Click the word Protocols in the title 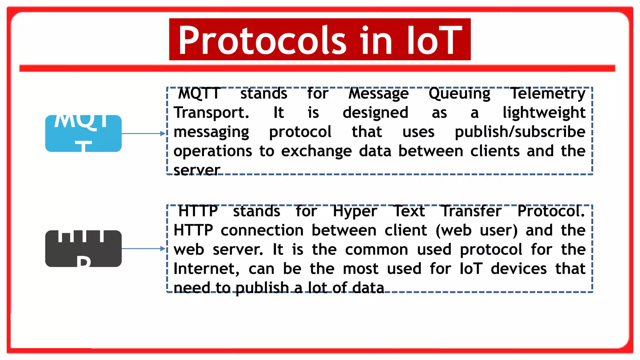tap(262, 40)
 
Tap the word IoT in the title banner tap(434, 40)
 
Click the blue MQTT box tap(83, 133)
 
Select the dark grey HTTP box tap(83, 249)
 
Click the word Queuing tap(459, 93)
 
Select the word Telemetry tap(547, 93)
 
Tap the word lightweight tap(544, 112)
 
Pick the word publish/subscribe tap(520, 132)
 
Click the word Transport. tap(211, 112)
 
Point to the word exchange tap(316, 151)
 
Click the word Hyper tap(355, 212)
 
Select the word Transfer tap(471, 211)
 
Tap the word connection tap(262, 230)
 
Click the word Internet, tap(206, 269)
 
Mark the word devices tap(518, 269)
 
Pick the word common tap(377, 250)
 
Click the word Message tap(378, 93)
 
